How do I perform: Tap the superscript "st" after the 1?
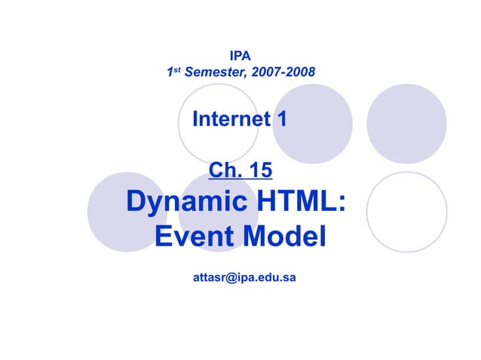click(x=177, y=71)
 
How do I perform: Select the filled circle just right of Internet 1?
click(x=311, y=124)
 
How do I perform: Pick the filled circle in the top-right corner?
click(x=406, y=124)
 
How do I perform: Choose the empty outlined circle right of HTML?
click(x=406, y=212)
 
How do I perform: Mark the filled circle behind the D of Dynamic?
click(x=121, y=212)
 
